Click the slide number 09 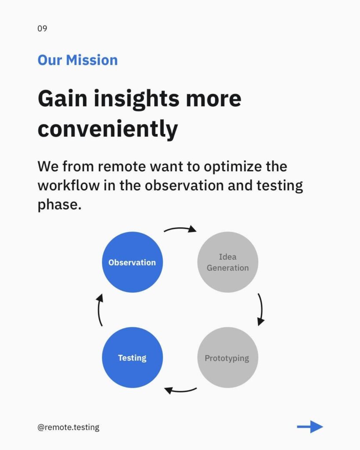[x=42, y=29]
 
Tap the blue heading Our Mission [x=77, y=60]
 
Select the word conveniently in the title [x=108, y=129]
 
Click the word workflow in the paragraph [x=68, y=185]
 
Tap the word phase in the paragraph [x=59, y=205]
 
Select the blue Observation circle [x=132, y=262]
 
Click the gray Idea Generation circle [x=228, y=262]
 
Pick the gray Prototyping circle [x=228, y=358]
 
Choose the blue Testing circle [x=132, y=358]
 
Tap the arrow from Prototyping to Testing [x=180, y=391]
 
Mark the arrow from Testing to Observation [x=99, y=310]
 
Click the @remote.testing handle [x=68, y=427]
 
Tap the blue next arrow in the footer [x=310, y=427]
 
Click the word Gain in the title [x=62, y=99]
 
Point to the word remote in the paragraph [x=122, y=167]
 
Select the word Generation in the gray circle [x=228, y=268]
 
